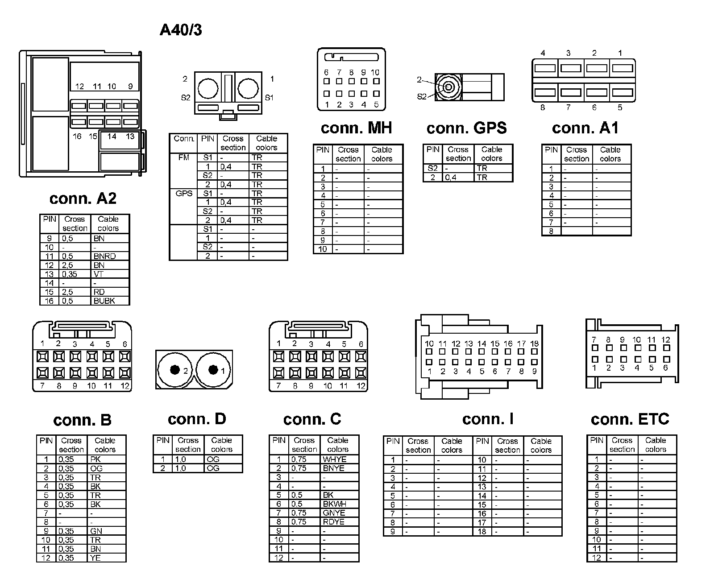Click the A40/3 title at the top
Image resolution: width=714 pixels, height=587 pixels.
181,30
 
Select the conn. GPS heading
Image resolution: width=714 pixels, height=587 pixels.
466,128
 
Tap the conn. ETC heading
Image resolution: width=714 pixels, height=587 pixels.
630,419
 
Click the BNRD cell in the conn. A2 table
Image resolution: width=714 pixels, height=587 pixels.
105,256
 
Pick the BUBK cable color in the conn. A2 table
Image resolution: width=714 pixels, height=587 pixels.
104,301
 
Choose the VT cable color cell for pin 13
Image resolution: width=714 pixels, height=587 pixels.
99,274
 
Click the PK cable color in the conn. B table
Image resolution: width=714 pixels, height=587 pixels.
95,459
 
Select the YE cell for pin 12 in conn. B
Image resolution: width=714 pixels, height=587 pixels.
95,558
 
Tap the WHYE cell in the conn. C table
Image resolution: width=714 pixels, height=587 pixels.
334,459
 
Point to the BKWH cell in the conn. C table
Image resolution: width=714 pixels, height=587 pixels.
334,504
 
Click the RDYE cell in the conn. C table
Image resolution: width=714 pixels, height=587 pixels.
334,521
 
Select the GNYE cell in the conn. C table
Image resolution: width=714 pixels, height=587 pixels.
334,513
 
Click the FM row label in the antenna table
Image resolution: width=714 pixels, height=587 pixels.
183,157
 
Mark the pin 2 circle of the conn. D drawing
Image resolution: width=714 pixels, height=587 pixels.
175,370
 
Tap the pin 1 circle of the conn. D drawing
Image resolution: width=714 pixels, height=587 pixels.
213,370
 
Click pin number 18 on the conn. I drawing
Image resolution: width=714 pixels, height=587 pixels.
534,343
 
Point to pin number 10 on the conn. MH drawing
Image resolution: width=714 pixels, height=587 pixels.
375,72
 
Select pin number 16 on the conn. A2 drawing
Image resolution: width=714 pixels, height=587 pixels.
77,136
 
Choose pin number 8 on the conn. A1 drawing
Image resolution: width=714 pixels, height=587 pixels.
543,107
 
